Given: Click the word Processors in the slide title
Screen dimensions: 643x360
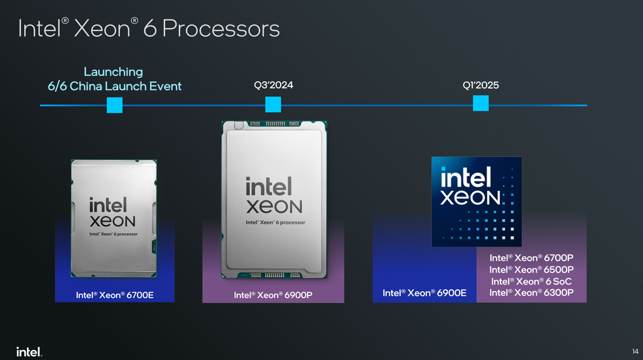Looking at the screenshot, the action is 220,29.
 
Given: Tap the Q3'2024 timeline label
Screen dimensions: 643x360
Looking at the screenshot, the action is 274,85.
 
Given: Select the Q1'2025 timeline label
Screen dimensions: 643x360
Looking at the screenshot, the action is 480,85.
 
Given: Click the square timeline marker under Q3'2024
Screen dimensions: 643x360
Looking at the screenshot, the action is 273,104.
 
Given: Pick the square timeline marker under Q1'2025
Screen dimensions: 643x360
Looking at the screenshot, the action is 480,103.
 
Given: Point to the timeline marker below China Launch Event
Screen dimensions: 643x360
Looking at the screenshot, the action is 114,105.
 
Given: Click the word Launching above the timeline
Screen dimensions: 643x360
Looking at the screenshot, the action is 114,72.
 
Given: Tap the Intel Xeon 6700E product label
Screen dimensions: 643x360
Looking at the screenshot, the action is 115,295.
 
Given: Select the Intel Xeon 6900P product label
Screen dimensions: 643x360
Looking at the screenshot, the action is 273,295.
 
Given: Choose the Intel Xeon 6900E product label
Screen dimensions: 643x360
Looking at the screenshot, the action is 424,293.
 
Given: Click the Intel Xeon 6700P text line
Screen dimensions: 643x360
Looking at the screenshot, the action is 531,258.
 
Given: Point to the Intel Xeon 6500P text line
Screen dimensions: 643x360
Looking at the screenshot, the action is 531,270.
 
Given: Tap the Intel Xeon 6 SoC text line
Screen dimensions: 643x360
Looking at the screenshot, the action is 531,281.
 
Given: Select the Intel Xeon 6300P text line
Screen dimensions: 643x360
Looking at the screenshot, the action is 531,293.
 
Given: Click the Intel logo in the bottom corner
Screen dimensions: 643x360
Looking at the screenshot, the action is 29,352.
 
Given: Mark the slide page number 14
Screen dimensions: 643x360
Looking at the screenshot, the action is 635,351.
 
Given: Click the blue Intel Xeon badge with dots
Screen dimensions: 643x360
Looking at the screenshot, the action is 477,202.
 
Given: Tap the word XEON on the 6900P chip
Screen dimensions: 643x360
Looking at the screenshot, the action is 274,207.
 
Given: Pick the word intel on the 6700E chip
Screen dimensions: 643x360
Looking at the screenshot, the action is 108,205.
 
